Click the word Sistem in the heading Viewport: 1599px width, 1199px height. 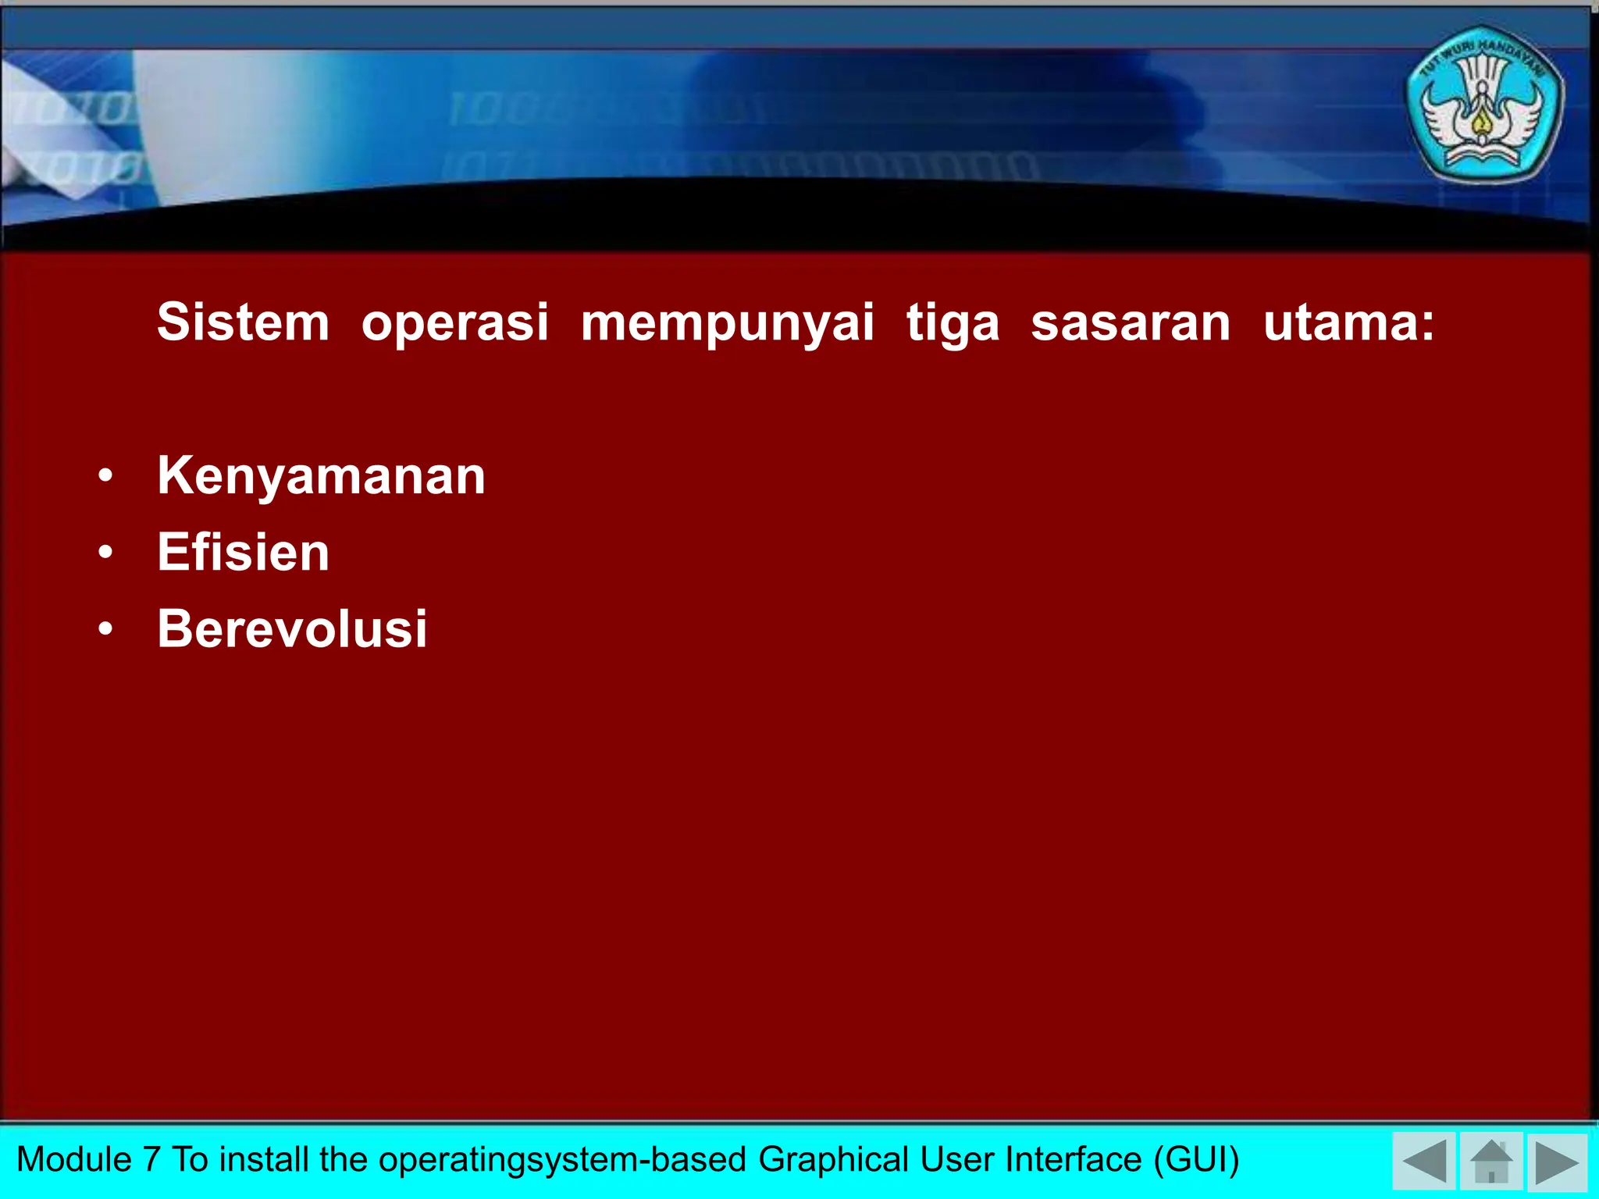[243, 322]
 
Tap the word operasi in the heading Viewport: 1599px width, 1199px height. [455, 322]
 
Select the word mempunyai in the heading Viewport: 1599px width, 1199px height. [727, 323]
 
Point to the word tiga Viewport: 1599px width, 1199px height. [953, 323]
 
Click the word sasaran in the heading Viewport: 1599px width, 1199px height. [1131, 322]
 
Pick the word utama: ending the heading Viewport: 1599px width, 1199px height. [1348, 322]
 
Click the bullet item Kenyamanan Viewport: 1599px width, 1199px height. [321, 476]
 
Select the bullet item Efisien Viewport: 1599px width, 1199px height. [243, 552]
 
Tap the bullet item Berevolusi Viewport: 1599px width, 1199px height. [292, 628]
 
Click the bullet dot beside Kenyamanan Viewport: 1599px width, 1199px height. [106, 475]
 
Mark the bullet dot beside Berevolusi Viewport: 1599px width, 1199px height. [106, 628]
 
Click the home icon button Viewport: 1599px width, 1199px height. [1491, 1162]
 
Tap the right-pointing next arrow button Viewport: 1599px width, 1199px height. [1557, 1162]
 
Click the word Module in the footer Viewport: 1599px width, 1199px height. [74, 1159]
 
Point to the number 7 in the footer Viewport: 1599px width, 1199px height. [151, 1159]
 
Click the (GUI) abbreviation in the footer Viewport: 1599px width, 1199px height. [1196, 1159]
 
